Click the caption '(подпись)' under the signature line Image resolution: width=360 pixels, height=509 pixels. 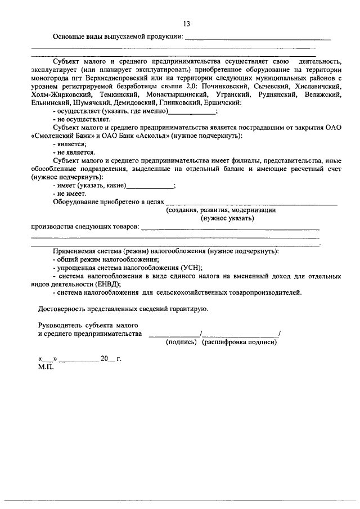click(180, 342)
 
